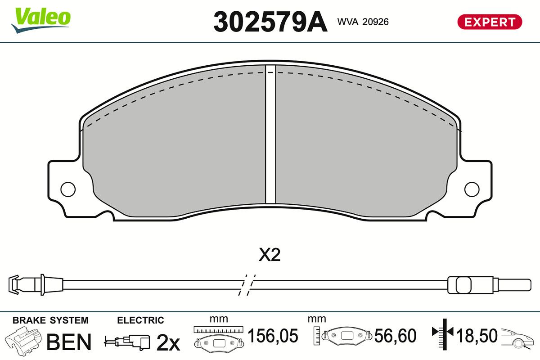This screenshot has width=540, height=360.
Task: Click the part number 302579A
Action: (x=270, y=21)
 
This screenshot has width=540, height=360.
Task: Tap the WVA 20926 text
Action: (x=363, y=22)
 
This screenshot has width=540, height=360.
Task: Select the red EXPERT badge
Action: (x=490, y=22)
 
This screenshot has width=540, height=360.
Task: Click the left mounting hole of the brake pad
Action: (x=68, y=189)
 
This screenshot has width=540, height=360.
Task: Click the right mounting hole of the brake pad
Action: (x=472, y=189)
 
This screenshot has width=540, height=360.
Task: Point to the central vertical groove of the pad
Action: (x=270, y=135)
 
